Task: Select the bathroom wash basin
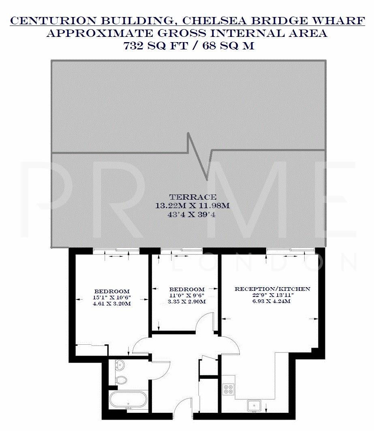pos(120,366)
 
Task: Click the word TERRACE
pos(192,198)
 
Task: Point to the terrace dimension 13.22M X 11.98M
pos(192,206)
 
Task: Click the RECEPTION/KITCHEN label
pos(272,289)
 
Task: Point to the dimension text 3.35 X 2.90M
pos(187,302)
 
